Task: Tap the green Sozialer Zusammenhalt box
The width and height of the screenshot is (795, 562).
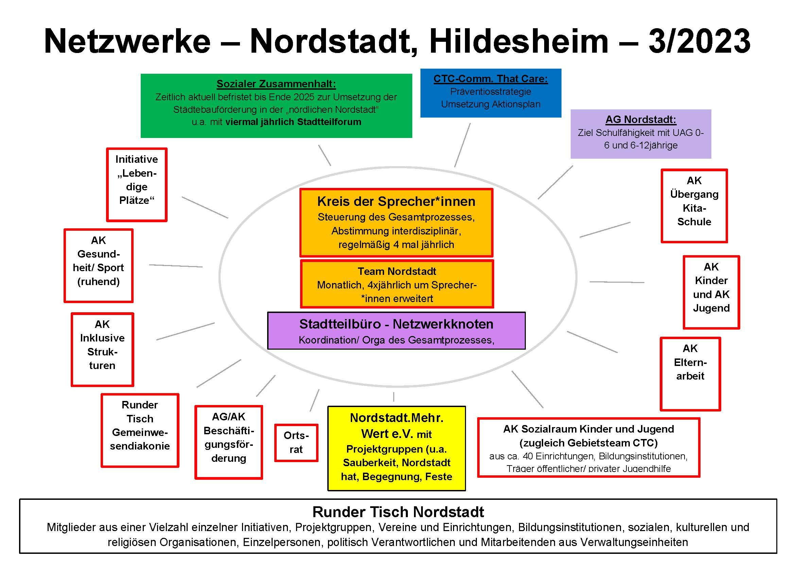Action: tap(276, 106)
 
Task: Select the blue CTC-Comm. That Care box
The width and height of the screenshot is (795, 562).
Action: tap(490, 93)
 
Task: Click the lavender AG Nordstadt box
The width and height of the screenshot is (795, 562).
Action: tap(641, 134)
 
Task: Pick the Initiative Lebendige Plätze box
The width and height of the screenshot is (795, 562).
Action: tap(137, 185)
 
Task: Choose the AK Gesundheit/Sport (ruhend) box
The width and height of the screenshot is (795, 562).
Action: tap(99, 265)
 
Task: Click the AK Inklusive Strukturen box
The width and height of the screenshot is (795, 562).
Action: tap(102, 349)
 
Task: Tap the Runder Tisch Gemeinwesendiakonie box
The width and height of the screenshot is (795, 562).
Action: tap(140, 430)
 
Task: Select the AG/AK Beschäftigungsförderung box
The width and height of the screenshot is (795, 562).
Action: tap(228, 442)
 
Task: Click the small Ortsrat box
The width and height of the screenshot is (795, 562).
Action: tap(296, 443)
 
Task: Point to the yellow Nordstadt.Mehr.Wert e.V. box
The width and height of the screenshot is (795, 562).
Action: tap(396, 448)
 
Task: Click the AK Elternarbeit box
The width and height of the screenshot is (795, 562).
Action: tap(690, 374)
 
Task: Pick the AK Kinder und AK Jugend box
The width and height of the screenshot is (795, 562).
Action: tap(711, 292)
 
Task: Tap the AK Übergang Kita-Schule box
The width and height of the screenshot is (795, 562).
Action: tap(694, 206)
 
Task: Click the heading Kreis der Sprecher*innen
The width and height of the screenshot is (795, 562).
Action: tap(396, 201)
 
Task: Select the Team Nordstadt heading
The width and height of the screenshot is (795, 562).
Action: tap(397, 271)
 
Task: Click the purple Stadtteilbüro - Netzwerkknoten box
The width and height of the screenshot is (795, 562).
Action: tap(396, 331)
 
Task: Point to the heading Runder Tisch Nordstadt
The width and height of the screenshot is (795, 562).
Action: tap(398, 512)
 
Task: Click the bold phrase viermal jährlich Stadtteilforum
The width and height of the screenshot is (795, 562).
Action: tap(293, 122)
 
